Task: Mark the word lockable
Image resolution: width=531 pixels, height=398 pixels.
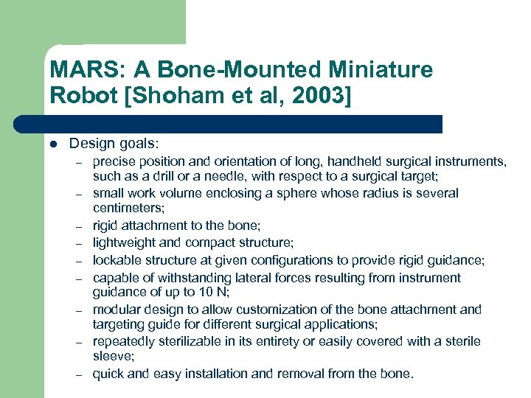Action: [117, 260]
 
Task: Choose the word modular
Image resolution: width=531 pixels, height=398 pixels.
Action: [117, 310]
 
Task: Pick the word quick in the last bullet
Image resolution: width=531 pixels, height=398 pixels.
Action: [108, 374]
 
